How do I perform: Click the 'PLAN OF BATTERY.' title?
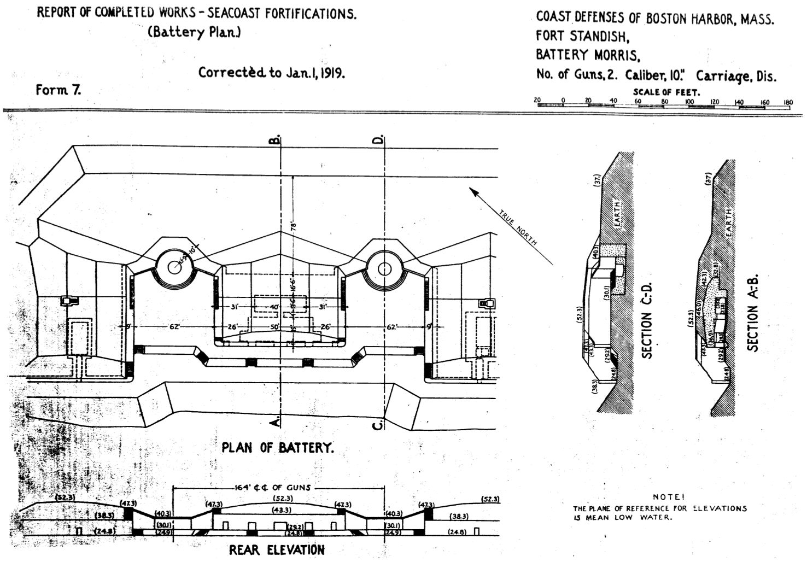coord(277,448)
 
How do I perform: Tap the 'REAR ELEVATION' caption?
coord(277,549)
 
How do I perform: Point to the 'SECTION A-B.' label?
coord(753,313)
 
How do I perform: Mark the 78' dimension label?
coord(293,226)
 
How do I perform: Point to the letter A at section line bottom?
coord(277,421)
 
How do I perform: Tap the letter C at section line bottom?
coord(378,424)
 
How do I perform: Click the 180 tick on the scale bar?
coord(788,102)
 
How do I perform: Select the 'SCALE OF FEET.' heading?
coord(666,92)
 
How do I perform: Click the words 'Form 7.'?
coord(58,90)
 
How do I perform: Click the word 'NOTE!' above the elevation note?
coord(668,497)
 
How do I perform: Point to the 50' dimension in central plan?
coord(274,327)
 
